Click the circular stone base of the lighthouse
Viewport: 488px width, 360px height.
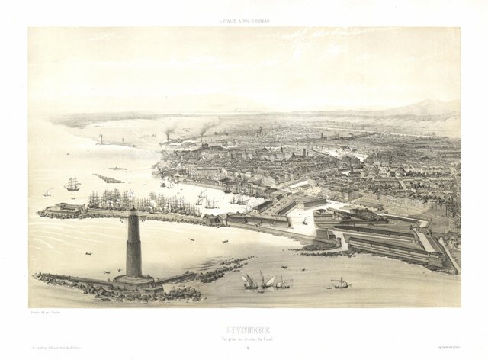pyautogui.click(x=134, y=281)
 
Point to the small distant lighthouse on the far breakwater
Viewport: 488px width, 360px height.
pyautogui.click(x=101, y=140)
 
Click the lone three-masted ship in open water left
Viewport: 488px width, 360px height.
pyautogui.click(x=72, y=184)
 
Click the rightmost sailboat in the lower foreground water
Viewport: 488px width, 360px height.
pyautogui.click(x=341, y=284)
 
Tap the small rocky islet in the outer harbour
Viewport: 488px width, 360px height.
pyautogui.click(x=109, y=179)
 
